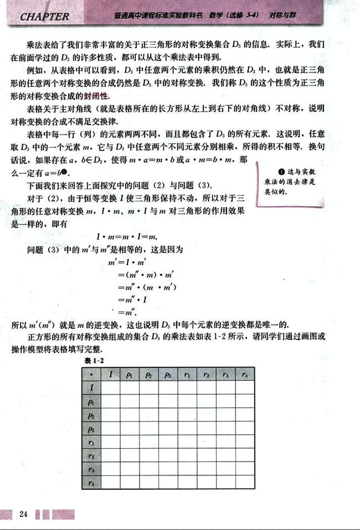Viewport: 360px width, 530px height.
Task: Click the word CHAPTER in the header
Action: [x=45, y=17]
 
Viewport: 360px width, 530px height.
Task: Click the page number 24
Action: [x=23, y=514]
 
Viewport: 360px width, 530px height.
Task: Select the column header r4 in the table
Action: [x=245, y=374]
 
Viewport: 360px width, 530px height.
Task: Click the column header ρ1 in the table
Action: [x=129, y=374]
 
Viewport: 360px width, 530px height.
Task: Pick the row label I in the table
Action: [x=92, y=387]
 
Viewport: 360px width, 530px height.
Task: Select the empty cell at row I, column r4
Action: [x=245, y=387]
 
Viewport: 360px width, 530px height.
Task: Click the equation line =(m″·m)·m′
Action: [x=145, y=274]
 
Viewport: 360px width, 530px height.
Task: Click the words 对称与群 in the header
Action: [x=282, y=16]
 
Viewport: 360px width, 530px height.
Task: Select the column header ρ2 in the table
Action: [x=149, y=374]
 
